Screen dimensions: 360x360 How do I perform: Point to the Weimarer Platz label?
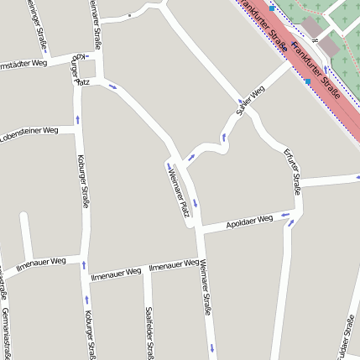[x=180, y=192]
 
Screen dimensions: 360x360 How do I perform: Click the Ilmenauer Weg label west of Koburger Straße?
[x=40, y=263]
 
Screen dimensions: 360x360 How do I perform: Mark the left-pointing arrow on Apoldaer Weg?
[x=286, y=216]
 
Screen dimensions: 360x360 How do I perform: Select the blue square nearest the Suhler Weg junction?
[x=308, y=81]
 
